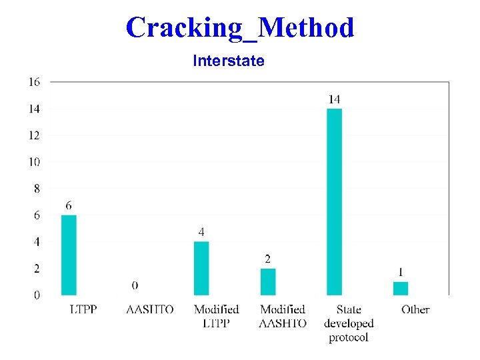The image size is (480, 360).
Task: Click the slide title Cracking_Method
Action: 240,28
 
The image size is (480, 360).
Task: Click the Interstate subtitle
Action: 229,61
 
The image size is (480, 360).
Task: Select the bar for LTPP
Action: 69,255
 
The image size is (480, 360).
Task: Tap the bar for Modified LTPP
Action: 201,268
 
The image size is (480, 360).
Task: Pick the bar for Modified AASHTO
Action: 268,281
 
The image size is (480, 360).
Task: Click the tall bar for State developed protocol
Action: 334,201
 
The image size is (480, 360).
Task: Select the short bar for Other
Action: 400,288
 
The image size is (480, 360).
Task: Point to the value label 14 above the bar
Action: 334,99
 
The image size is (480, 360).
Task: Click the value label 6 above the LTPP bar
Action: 69,206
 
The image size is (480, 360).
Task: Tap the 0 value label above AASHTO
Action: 135,285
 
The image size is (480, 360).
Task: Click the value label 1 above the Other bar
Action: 400,272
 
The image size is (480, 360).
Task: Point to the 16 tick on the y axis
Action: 34,82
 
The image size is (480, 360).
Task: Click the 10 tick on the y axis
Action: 34,162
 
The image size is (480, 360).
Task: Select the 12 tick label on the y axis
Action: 34,135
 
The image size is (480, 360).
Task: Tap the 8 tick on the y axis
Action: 36,189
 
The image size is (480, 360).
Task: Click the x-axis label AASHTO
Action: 150,309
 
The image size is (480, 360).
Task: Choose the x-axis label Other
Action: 415,309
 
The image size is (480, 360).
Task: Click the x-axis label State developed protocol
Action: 349,323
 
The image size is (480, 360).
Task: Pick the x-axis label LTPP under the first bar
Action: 83,309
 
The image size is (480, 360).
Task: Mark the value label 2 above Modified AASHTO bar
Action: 268,259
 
